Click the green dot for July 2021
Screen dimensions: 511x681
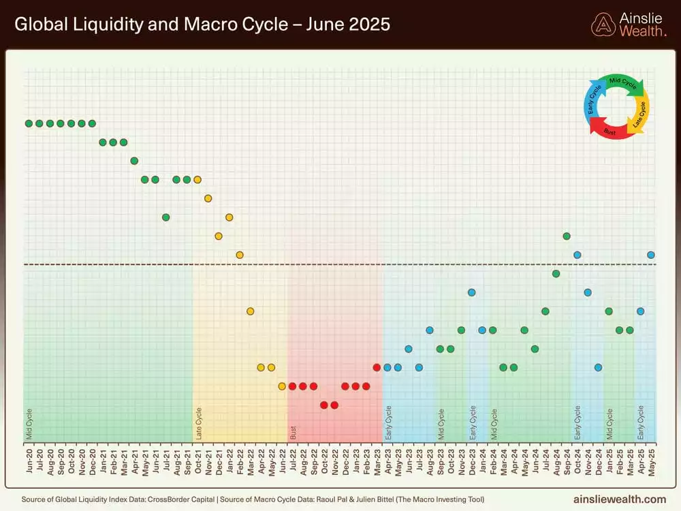tap(165, 217)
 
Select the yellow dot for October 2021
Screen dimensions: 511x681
tap(197, 180)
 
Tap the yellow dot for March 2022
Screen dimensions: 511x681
tap(250, 311)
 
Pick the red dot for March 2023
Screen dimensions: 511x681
tap(377, 367)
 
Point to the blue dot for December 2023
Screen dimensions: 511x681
tap(471, 292)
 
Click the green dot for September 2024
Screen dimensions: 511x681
tap(567, 236)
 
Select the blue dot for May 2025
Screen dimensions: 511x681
tap(651, 255)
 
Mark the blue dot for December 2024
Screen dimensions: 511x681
tap(598, 367)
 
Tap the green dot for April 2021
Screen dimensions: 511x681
tap(134, 161)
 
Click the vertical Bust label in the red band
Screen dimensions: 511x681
tap(293, 432)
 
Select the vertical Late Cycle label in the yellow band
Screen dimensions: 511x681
tap(199, 422)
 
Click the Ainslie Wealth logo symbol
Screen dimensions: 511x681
tap(603, 25)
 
